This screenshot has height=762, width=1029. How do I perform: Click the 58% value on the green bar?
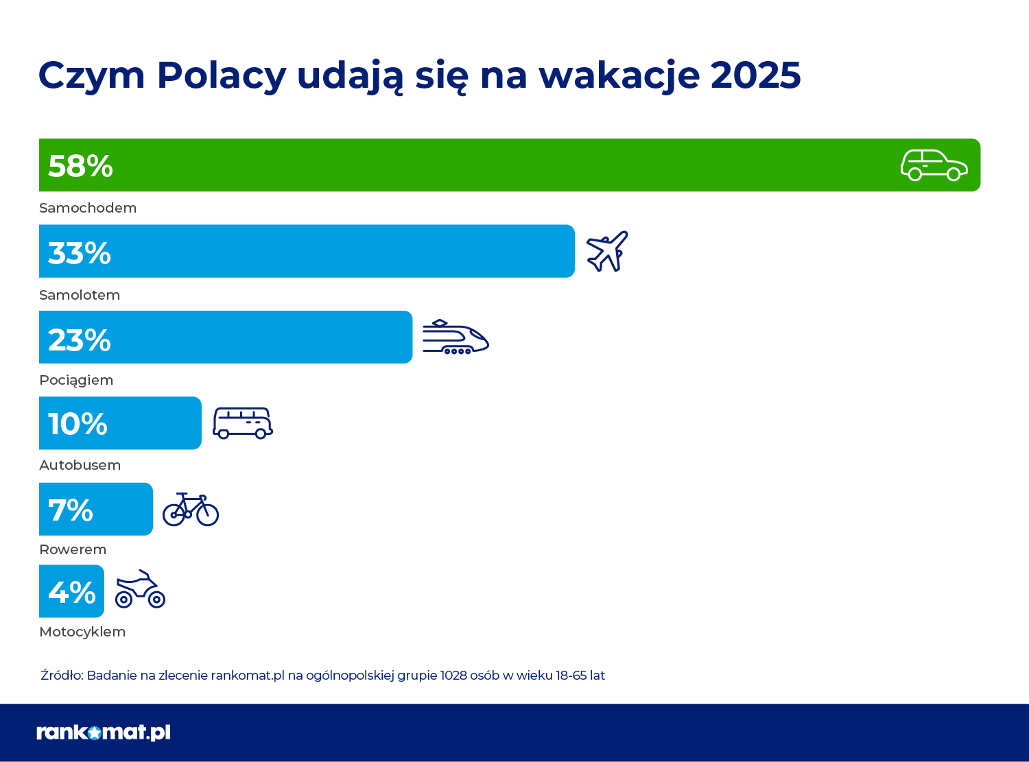pyautogui.click(x=80, y=166)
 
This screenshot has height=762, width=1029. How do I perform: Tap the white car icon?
pyautogui.click(x=934, y=165)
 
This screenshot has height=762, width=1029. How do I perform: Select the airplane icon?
pyautogui.click(x=607, y=251)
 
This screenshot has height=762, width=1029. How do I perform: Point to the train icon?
pyautogui.click(x=455, y=337)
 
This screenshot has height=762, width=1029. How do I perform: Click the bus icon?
pyautogui.click(x=242, y=423)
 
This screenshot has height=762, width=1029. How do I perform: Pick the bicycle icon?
pyautogui.click(x=191, y=510)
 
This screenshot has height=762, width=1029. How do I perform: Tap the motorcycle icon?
pyautogui.click(x=140, y=589)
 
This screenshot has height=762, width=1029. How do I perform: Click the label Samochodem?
pyautogui.click(x=88, y=208)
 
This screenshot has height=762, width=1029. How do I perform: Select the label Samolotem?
pyautogui.click(x=80, y=295)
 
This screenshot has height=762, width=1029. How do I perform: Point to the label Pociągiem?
pyautogui.click(x=76, y=380)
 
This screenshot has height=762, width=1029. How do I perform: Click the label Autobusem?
pyautogui.click(x=80, y=465)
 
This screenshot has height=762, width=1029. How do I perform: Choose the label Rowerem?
pyautogui.click(x=73, y=549)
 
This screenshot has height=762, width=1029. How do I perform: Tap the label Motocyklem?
pyautogui.click(x=82, y=632)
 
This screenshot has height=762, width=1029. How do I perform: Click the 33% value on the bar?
pyautogui.click(x=80, y=253)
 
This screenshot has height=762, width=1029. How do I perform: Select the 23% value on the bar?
pyautogui.click(x=80, y=340)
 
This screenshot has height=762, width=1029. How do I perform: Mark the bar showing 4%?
pyautogui.click(x=71, y=591)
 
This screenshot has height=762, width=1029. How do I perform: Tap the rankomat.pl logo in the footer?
pyautogui.click(x=104, y=733)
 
